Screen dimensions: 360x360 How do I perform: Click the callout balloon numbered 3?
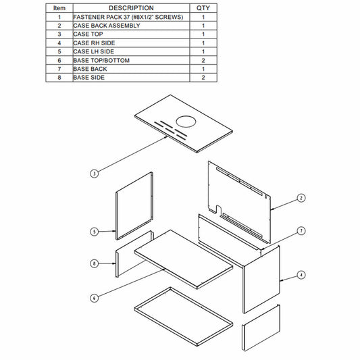coord(94,174)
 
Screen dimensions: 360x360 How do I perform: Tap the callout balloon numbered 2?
coord(301,198)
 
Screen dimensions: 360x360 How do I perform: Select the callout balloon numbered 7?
coord(301,231)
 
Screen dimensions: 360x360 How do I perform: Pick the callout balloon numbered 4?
coord(301,275)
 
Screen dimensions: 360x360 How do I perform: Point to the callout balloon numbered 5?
coord(94,232)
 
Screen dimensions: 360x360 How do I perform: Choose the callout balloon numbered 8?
coord(94,263)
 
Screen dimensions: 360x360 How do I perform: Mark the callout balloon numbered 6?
coord(94,299)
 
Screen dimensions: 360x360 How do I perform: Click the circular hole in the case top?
coord(186,122)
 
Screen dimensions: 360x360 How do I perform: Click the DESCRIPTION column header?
coord(131,8)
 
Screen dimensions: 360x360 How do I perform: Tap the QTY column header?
coord(203,8)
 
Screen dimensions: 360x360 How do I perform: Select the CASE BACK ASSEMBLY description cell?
coord(131,26)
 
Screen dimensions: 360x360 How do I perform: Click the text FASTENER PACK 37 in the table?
coord(102,17)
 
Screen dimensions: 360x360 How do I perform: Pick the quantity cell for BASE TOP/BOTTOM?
coord(203,60)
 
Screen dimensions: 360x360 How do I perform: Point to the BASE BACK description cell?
coord(131,69)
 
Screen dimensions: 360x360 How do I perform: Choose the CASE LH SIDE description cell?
coord(131,51)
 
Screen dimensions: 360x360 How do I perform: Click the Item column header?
coord(59,8)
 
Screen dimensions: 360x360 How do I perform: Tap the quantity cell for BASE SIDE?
coord(203,78)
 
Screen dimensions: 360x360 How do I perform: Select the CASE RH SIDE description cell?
coord(131,43)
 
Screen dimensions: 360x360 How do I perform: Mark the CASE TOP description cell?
coord(131,34)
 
